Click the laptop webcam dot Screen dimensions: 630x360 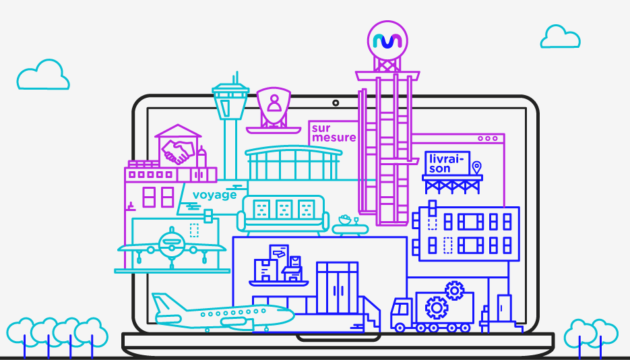336,103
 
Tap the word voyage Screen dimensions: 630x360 214,196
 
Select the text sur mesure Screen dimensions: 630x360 334,133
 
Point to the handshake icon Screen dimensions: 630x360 177,152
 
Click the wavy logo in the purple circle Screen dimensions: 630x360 387,41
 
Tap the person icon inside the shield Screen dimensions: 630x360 274,103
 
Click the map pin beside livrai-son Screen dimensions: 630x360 476,167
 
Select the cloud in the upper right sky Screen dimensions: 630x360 560,36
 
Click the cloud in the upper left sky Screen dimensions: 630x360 43,75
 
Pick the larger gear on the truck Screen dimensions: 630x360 437,308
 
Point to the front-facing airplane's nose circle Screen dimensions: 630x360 172,244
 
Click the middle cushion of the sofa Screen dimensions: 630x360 284,209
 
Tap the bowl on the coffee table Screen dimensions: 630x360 345,220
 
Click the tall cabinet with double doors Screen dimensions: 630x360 337,288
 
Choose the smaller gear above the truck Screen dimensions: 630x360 454,291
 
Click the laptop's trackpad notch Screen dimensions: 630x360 338,338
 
